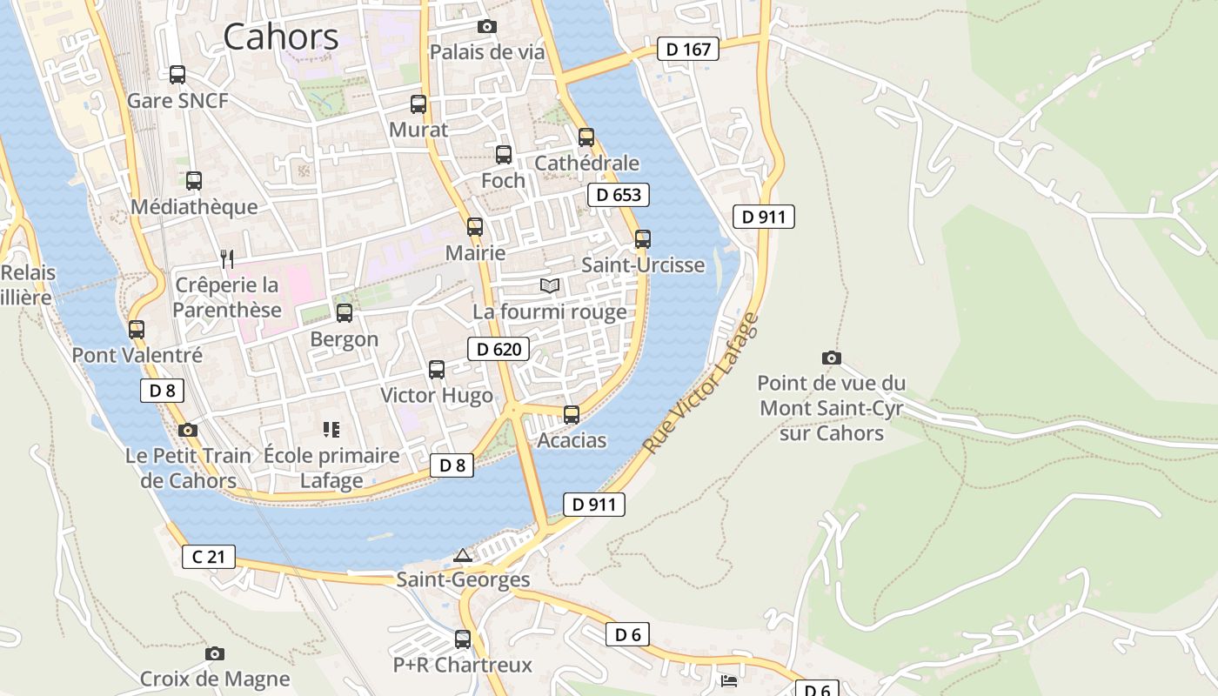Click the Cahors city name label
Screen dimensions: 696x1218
281,37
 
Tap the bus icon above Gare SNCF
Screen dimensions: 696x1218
177,75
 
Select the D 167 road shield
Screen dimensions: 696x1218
687,50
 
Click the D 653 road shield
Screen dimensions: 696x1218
619,195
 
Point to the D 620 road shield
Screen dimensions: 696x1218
499,350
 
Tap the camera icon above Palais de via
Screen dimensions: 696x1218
487,27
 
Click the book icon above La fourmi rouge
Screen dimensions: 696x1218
549,285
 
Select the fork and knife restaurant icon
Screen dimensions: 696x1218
227,258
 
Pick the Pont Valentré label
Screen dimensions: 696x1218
137,355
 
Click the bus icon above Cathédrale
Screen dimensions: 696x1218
586,137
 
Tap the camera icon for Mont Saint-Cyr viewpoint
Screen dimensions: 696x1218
832,358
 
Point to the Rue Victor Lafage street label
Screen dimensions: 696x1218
701,383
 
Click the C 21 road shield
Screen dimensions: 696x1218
209,557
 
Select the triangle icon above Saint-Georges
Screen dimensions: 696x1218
463,555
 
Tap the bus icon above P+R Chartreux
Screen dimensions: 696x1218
463,639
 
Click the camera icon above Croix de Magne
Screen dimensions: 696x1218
215,653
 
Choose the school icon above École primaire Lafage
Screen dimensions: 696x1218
331,429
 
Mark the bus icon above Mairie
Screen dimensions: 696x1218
475,227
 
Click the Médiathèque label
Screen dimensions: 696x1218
194,207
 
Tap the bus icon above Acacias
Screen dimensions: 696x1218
572,415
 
